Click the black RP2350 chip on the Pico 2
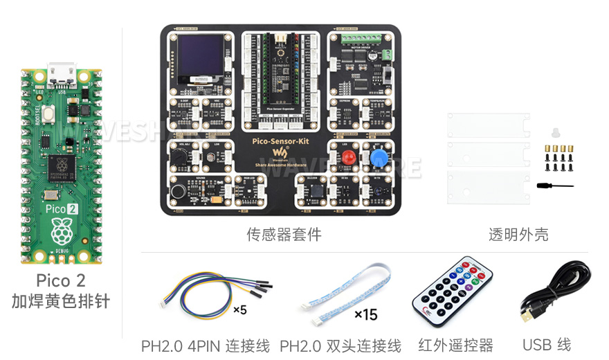pyautogui.click(x=62, y=165)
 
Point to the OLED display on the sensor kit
pyautogui.click(x=201, y=57)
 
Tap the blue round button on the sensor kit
pyautogui.click(x=379, y=159)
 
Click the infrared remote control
pyautogui.click(x=453, y=294)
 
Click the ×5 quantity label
pyautogui.click(x=239, y=310)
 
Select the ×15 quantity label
pyautogui.click(x=365, y=315)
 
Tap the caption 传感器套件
pyautogui.click(x=284, y=235)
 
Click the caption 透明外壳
pyautogui.click(x=518, y=235)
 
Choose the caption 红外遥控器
pyautogui.click(x=455, y=345)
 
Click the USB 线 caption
pyautogui.click(x=547, y=345)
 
